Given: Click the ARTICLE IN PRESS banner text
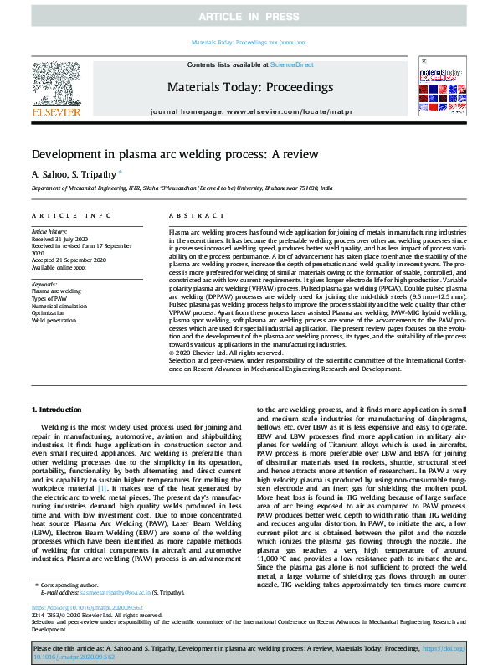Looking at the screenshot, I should (249, 17).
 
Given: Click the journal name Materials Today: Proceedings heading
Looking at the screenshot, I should (249, 86).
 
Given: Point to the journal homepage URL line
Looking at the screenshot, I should (249, 112).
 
